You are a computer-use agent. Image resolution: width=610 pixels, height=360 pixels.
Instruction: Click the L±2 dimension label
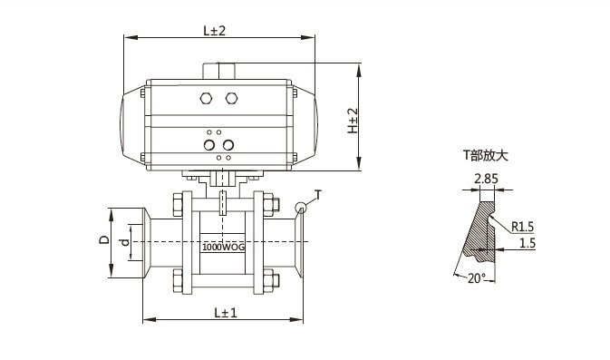pyautogui.click(x=214, y=30)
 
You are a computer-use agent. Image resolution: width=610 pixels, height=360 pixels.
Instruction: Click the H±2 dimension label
pyautogui.click(x=353, y=121)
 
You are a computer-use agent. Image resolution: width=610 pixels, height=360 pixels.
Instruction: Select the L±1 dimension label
pyautogui.click(x=226, y=312)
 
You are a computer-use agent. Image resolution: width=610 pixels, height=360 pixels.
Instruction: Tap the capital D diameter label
pyautogui.click(x=104, y=239)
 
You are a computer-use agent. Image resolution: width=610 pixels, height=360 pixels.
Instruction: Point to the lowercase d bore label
pyautogui.click(x=125, y=242)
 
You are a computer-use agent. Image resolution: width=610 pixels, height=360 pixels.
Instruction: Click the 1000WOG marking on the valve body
pyautogui.click(x=223, y=247)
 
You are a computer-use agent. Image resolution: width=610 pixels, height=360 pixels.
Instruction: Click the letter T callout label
pyautogui.click(x=318, y=195)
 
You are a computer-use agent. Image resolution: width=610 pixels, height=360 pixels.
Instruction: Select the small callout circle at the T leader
pyautogui.click(x=301, y=208)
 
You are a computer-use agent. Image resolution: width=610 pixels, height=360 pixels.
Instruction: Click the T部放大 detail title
pyautogui.click(x=486, y=156)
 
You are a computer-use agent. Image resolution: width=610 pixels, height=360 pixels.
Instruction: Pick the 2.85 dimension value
pyautogui.click(x=487, y=179)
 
